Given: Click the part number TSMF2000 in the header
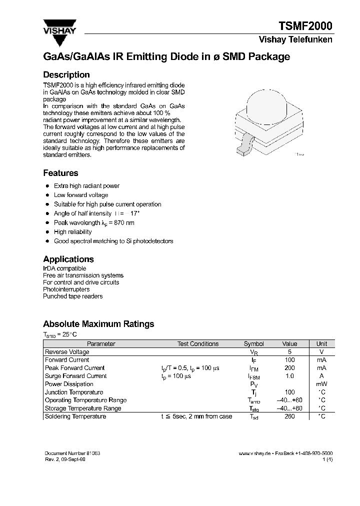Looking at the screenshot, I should [x=304, y=26].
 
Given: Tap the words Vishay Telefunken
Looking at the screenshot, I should [x=295, y=40].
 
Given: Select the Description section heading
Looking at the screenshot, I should [x=66, y=75].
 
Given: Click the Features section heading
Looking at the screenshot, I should [x=60, y=173].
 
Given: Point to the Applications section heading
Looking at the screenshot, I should [x=68, y=259].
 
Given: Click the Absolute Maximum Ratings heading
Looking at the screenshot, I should [x=98, y=324].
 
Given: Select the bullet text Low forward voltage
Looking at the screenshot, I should [x=80, y=195].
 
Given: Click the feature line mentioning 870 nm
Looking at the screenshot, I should [x=94, y=222].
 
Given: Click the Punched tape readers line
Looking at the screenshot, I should [x=72, y=296].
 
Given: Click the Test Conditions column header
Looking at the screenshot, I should [x=197, y=344].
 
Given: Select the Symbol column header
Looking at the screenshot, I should [x=253, y=344].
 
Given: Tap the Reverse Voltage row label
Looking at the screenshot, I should [x=67, y=352].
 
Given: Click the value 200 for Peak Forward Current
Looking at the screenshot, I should [x=289, y=368].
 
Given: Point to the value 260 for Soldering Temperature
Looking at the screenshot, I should [x=289, y=416].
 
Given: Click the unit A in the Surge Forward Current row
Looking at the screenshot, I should [x=322, y=376].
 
